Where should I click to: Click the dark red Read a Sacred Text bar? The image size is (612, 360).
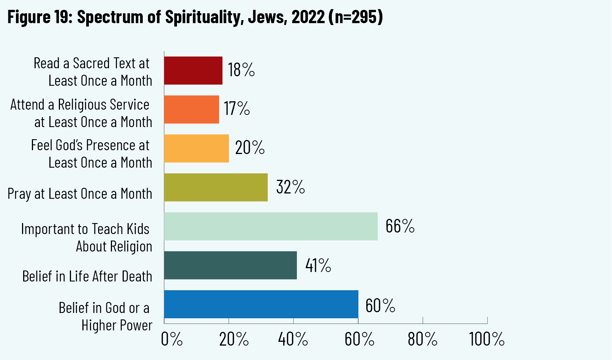coord(193,71)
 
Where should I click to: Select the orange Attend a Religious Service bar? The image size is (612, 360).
coord(191,109)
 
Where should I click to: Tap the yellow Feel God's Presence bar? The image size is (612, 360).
coord(196,148)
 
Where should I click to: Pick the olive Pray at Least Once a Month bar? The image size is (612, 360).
coord(216,187)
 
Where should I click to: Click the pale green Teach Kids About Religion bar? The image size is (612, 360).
coord(271,226)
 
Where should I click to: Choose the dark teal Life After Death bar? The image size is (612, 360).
coord(230,265)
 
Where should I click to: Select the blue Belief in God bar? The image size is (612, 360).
coord(261,304)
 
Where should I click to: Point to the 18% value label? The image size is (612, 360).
coord(241,70)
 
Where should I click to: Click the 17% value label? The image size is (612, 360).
coord(237,109)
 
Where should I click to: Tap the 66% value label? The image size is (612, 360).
coord(400,226)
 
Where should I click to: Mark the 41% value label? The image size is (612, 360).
coord(318,266)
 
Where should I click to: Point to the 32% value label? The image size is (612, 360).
coord(290,187)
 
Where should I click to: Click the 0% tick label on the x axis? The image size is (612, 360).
coord(172,339)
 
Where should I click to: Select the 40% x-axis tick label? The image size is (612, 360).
coord(293,339)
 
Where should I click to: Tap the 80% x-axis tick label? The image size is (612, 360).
coord(423,339)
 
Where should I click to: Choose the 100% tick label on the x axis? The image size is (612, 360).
coord(487,339)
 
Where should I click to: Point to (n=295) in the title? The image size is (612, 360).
coord(355,17)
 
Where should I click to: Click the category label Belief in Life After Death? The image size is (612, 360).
coord(87,277)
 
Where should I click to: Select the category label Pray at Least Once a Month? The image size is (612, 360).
coord(80,194)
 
